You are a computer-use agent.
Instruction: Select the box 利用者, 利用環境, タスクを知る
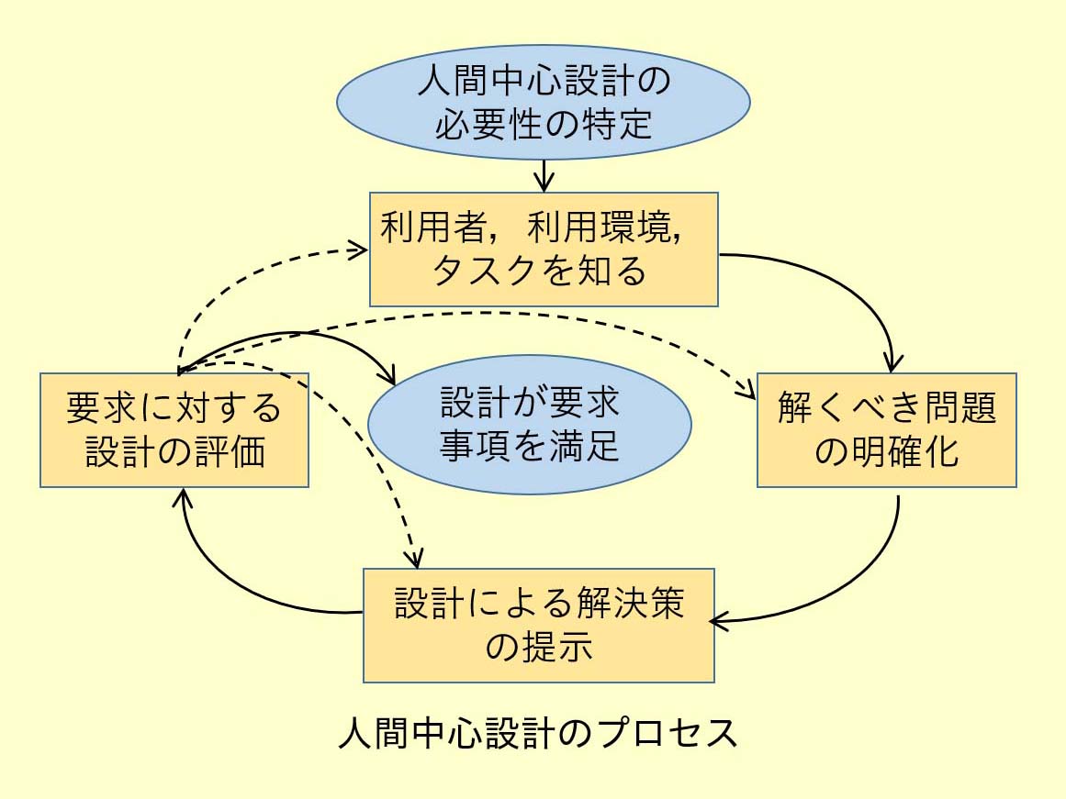coord(544,250)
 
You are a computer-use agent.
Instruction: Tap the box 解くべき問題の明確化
coord(887,430)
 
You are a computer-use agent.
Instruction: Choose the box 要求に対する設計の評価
coord(174,430)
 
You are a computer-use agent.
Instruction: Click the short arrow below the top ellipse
coord(545,174)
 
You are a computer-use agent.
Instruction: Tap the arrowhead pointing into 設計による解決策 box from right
coord(722,622)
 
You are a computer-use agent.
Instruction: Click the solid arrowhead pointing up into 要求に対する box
coord(185,497)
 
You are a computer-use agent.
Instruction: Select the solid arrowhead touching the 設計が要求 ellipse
coord(388,377)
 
